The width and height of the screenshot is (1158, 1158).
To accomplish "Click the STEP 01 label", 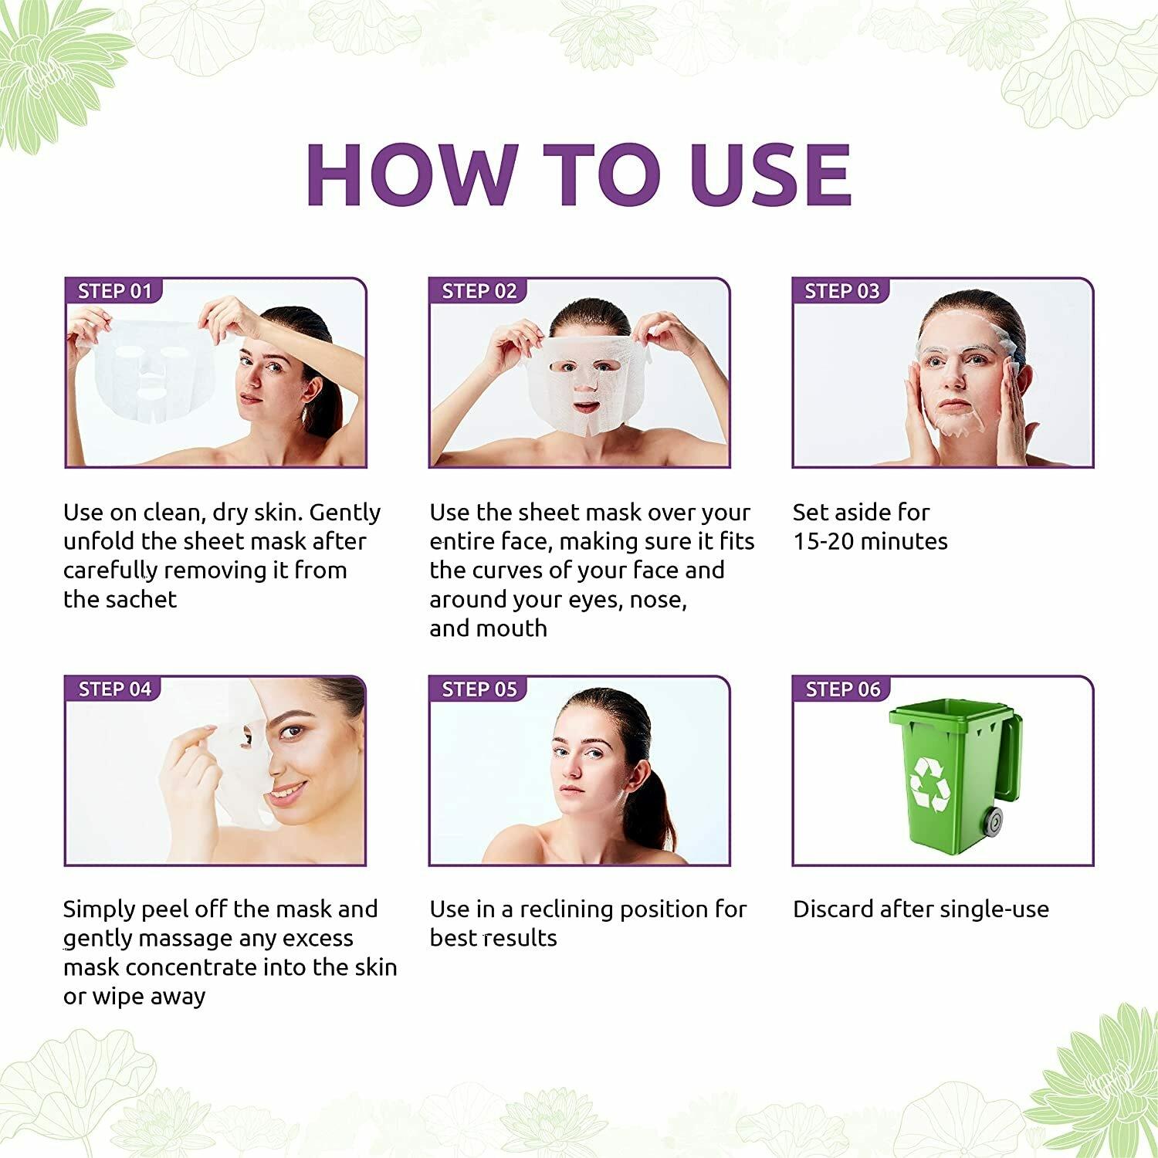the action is (115, 291).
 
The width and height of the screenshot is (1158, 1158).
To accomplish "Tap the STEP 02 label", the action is (479, 291).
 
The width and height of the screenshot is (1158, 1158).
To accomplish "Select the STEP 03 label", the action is (842, 291).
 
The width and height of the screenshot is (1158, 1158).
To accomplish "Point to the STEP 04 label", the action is (115, 689).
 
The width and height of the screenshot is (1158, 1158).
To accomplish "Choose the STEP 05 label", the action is (479, 689).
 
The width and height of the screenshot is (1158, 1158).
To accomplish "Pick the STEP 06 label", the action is (843, 689).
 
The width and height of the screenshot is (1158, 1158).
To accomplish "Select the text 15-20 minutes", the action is (870, 541).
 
